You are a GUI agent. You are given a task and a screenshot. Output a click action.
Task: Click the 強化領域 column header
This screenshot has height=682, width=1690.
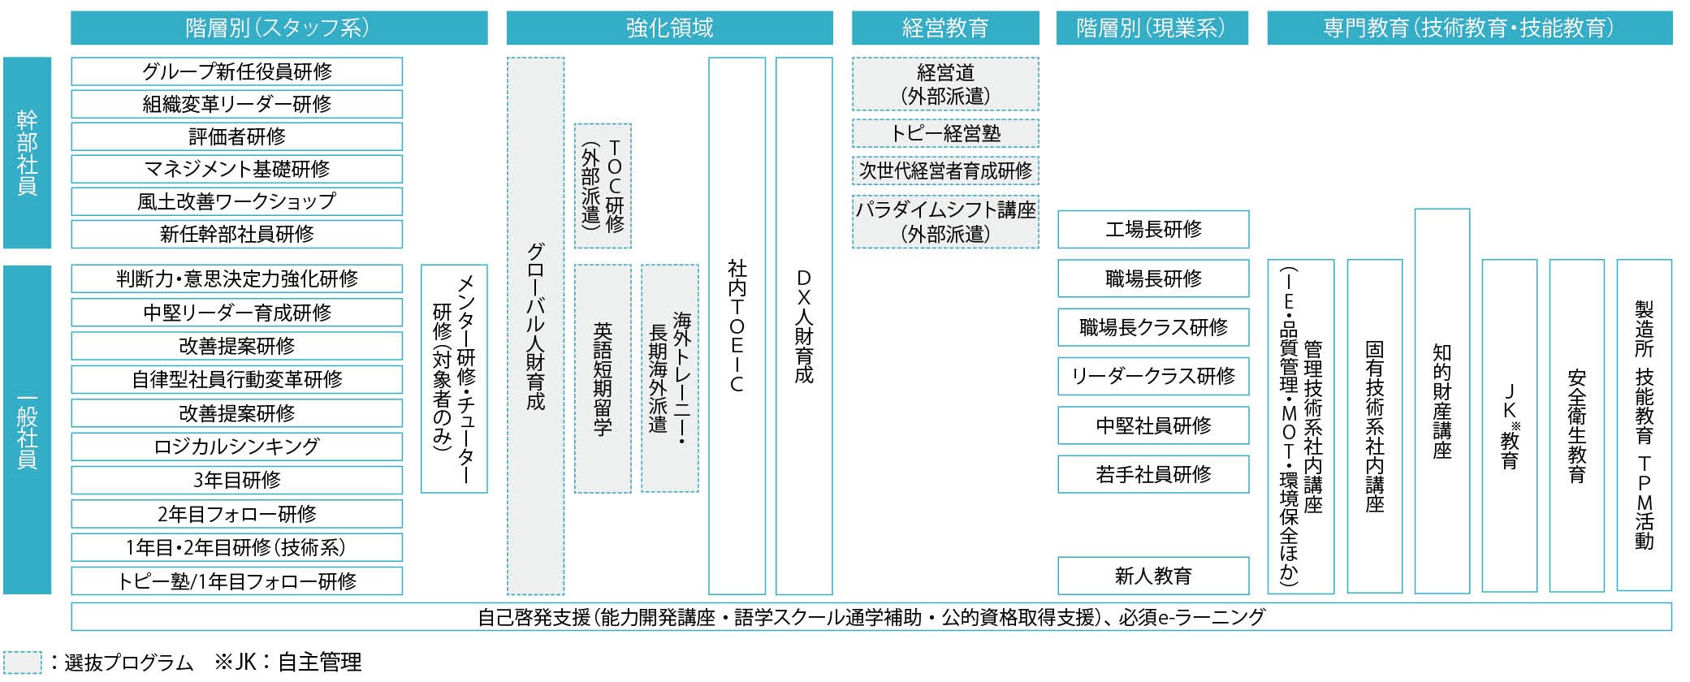[x=669, y=28]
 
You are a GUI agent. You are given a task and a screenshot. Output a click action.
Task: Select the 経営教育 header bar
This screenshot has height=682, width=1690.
[x=944, y=28]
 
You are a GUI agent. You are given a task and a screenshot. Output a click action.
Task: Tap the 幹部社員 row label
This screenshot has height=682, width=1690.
[x=27, y=153]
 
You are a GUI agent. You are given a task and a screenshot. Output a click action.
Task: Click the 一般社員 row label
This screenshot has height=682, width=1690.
[x=27, y=429]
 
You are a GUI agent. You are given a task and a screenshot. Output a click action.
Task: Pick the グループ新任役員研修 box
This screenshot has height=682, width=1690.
[x=236, y=71]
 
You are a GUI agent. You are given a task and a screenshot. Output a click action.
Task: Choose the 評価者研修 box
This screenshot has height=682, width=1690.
[x=236, y=136]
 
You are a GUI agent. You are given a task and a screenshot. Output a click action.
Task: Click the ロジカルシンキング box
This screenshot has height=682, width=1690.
[x=236, y=447]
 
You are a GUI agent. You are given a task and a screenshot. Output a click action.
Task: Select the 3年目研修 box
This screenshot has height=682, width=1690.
[x=236, y=480]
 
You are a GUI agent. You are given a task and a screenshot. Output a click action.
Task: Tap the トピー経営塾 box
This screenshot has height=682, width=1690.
[x=945, y=133]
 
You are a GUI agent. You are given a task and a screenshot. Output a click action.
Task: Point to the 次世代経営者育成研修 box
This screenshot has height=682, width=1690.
[x=945, y=170]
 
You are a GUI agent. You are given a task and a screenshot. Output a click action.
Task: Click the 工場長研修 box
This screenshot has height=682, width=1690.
[x=1152, y=230]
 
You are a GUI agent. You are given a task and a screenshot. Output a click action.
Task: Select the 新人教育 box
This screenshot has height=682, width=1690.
[x=1152, y=576]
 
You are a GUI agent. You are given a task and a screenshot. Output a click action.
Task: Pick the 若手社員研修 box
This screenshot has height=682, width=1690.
[x=1152, y=474]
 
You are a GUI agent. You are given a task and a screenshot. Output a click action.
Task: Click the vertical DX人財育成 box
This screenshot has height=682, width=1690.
[x=804, y=326]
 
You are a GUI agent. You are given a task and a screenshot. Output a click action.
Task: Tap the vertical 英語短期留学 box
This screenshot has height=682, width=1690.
[x=603, y=378]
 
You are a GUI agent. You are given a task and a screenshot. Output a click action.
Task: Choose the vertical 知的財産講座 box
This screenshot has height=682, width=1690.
[x=1441, y=401]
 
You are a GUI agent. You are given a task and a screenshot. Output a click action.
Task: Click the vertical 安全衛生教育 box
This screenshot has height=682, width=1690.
[x=1576, y=425]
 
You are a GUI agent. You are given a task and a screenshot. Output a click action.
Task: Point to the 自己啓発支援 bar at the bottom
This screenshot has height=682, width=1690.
[x=871, y=617]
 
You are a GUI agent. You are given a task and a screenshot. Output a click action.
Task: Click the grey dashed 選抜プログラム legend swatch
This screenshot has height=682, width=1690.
[x=22, y=663]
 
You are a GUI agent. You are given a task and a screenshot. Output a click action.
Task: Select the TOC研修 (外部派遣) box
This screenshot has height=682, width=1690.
[x=603, y=186]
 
